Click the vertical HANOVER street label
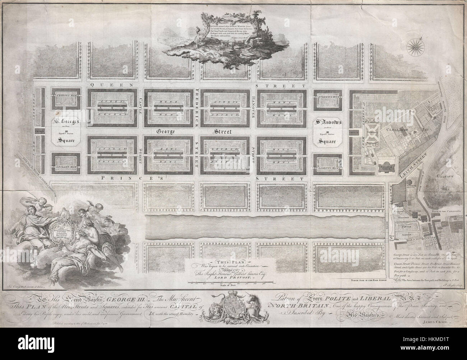coord(253,107)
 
